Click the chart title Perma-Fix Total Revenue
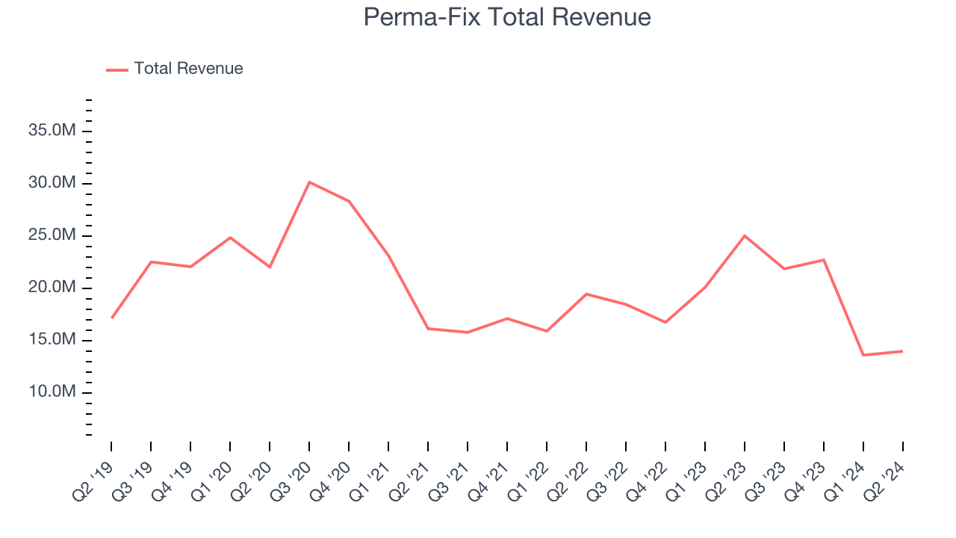click(507, 17)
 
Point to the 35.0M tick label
click(52, 132)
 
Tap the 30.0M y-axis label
click(52, 184)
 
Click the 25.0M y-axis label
click(52, 236)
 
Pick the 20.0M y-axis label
click(52, 288)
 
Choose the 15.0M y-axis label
click(52, 341)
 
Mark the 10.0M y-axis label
click(52, 393)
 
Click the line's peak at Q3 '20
click(309, 182)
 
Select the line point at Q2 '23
click(745, 235)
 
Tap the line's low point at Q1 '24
click(863, 355)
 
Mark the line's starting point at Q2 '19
click(111, 318)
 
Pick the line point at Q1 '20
click(230, 238)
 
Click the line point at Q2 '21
click(428, 328)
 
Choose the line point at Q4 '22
click(665, 322)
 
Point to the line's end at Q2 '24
click(903, 351)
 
